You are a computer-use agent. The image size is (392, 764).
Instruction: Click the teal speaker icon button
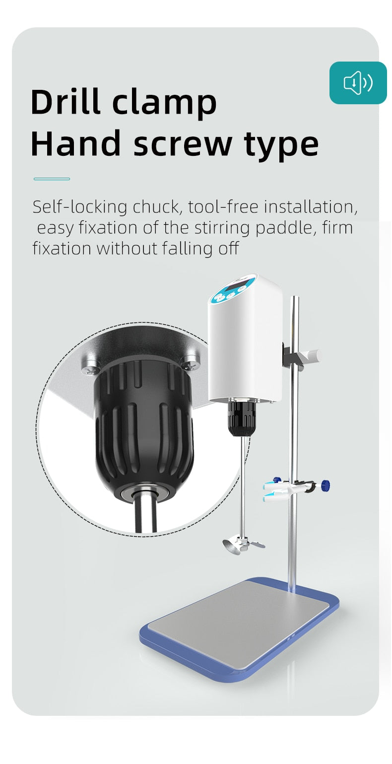(x=358, y=83)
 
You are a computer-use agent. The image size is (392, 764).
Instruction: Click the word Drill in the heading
(x=66, y=101)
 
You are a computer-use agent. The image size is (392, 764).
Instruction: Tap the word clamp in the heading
(x=164, y=104)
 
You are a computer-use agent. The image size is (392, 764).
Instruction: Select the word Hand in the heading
(x=76, y=143)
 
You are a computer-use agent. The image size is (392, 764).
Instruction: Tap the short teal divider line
(x=52, y=179)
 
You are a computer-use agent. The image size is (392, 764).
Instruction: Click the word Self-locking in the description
(x=80, y=208)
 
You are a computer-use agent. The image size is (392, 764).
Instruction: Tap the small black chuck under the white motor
(x=242, y=418)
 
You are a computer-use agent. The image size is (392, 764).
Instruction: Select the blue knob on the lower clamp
(x=326, y=485)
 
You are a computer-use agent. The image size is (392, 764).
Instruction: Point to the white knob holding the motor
(x=312, y=356)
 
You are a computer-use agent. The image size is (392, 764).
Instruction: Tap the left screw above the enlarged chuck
(x=91, y=364)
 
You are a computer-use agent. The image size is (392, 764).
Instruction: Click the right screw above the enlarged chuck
(x=190, y=362)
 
